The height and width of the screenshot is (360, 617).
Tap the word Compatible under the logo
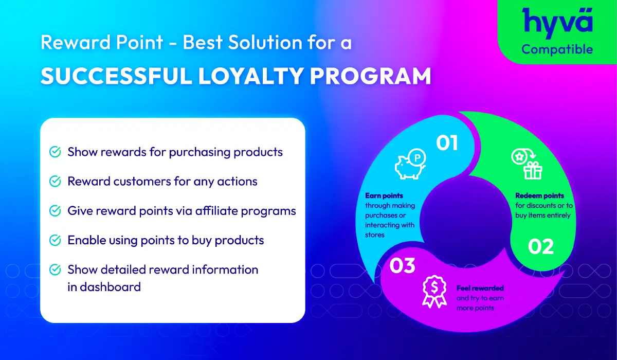coord(557,50)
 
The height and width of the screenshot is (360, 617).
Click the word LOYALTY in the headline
coord(250,76)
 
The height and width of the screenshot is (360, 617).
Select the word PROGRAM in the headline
coord(371,76)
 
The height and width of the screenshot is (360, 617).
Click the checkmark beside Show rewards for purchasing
coord(55,152)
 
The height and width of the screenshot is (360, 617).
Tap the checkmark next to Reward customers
coord(55,181)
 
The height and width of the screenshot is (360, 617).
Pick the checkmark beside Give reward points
coord(55,211)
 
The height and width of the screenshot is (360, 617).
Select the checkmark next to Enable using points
coord(55,240)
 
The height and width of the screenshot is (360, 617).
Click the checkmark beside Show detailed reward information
coord(55,269)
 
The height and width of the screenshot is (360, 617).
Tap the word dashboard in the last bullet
coord(110,287)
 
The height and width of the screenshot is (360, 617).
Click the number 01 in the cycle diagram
coord(447,143)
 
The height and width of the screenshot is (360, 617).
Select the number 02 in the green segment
coord(541,246)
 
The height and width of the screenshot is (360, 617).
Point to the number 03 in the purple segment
coord(402,265)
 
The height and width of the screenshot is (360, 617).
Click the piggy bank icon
coord(410,165)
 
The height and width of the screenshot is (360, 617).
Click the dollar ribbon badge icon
coord(434,292)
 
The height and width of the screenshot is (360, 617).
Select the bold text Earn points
coord(384,196)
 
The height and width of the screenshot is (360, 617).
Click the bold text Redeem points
coord(539,196)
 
